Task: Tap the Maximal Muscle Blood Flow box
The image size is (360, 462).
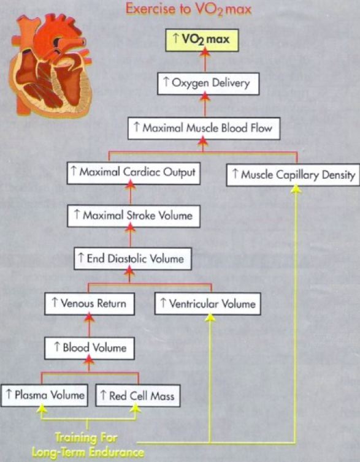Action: tap(202, 128)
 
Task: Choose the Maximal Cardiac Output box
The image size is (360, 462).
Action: tap(131, 172)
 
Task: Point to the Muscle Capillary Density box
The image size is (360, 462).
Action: tap(292, 175)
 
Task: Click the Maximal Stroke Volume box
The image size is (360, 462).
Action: tap(131, 215)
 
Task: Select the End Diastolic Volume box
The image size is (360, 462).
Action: tap(131, 259)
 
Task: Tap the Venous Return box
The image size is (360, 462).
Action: tap(90, 303)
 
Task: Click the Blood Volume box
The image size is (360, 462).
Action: tap(90, 348)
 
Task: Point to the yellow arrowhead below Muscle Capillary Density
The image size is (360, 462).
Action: tap(296, 189)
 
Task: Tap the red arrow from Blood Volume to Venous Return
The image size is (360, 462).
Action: tap(90, 325)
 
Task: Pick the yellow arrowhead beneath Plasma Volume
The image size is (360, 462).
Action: tap(42, 411)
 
